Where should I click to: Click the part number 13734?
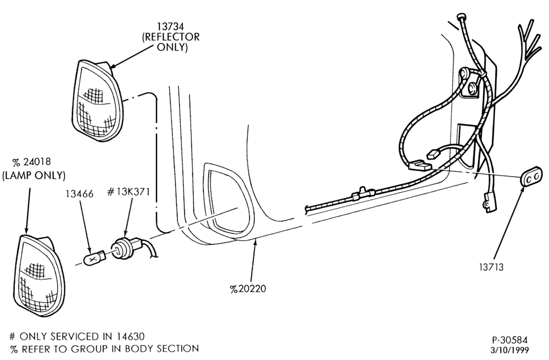coord(170,26)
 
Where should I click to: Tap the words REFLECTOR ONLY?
coord(171,42)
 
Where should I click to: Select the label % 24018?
coord(31,162)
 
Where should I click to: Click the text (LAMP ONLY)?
coord(34,175)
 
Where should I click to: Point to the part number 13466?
coord(80,194)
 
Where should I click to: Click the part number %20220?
coord(248,289)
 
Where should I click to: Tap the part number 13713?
coord(491,267)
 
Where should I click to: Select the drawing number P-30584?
coord(509,340)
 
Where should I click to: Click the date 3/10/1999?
coord(509,350)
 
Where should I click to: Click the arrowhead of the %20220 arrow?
coord(256,241)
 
